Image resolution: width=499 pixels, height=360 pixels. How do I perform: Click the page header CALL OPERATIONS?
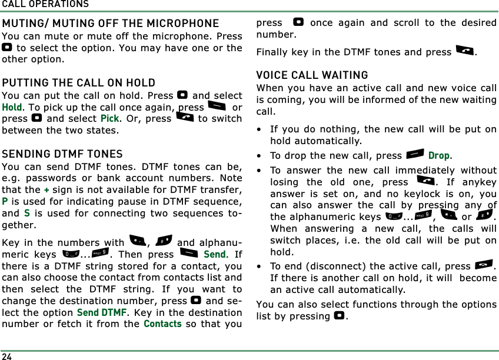coord(45,4)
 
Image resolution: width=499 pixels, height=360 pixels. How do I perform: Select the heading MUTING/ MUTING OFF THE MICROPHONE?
coord(111,24)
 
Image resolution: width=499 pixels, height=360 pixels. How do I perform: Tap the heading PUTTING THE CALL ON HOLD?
coord(79,83)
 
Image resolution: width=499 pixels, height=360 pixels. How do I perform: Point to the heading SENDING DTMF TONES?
coord(62,154)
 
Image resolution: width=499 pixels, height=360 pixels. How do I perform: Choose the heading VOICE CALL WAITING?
coord(312,75)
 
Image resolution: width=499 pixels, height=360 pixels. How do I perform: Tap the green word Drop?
coord(439,156)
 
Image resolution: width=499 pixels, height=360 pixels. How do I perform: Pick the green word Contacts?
coord(162,324)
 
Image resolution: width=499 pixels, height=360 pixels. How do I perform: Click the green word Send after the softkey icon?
coord(215,255)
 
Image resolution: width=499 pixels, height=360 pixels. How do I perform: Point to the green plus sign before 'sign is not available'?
coord(46,189)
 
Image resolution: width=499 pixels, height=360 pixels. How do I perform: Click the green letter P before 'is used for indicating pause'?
coord(5,201)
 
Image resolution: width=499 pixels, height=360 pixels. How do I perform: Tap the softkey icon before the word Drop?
coord(415,155)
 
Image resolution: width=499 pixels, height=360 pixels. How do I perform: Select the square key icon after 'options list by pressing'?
coord(338,316)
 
